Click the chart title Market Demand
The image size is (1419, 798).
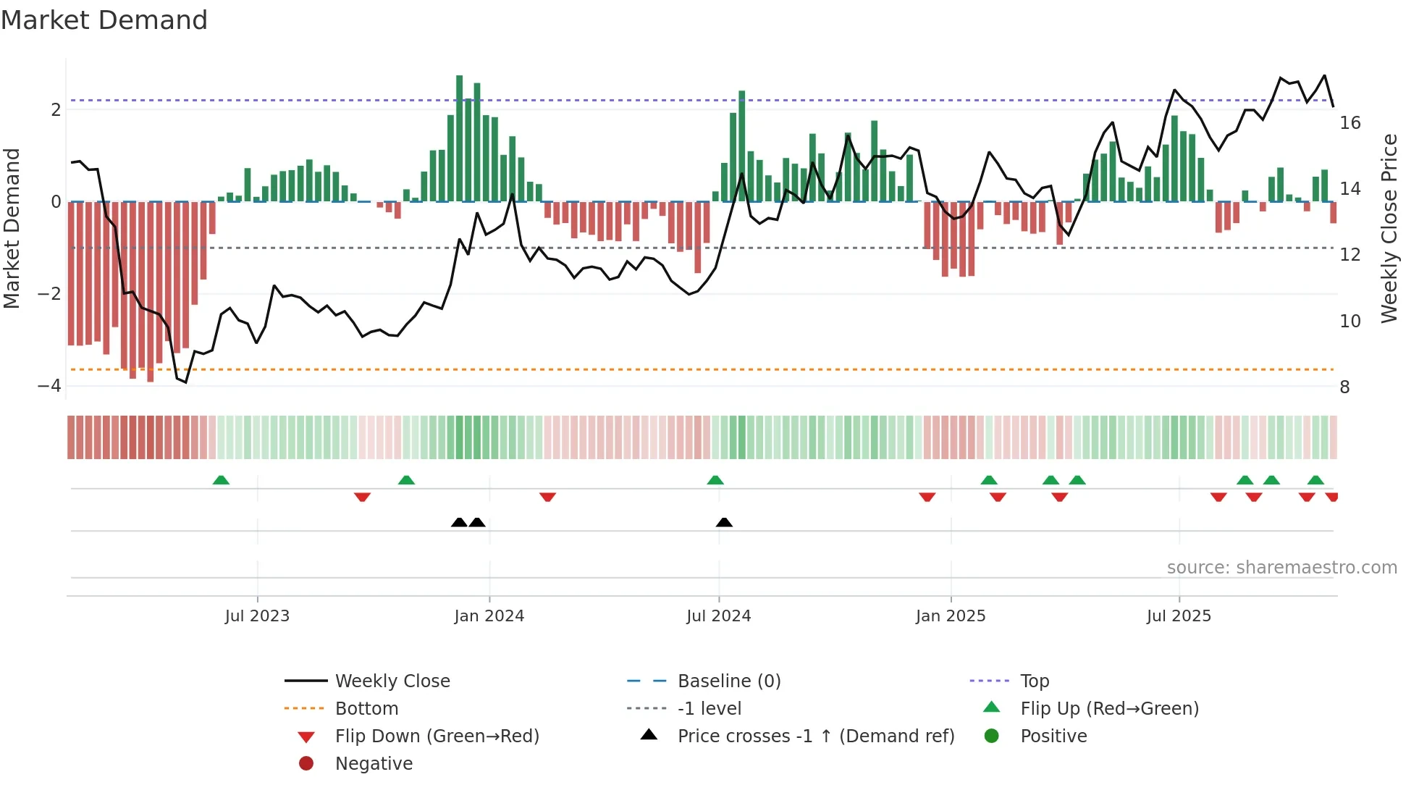pyautogui.click(x=104, y=20)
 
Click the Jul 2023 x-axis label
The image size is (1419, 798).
pyautogui.click(x=257, y=616)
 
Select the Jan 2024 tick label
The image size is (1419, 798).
pyautogui.click(x=489, y=616)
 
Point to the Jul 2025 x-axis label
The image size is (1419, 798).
pyautogui.click(x=1179, y=616)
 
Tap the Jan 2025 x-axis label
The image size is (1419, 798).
pyautogui.click(x=951, y=616)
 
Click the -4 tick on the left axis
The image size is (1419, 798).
pyautogui.click(x=49, y=386)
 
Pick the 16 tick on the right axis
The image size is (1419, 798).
pyautogui.click(x=1350, y=123)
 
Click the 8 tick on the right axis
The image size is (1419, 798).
pyautogui.click(x=1344, y=387)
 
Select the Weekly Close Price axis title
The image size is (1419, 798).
pyautogui.click(x=1389, y=228)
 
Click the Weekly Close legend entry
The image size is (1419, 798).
pyautogui.click(x=392, y=681)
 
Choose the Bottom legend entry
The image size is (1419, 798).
pyautogui.click(x=366, y=709)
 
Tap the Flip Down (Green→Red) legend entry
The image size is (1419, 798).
pyautogui.click(x=437, y=736)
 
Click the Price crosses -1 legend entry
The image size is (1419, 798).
pyautogui.click(x=815, y=736)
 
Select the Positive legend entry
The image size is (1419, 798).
pyautogui.click(x=1053, y=736)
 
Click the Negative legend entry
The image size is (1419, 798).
pyautogui.click(x=374, y=764)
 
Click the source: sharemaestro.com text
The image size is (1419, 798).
pyautogui.click(x=1281, y=568)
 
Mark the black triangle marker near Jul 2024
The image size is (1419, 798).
pyautogui.click(x=724, y=522)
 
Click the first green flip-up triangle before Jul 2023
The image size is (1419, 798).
pyautogui.click(x=221, y=480)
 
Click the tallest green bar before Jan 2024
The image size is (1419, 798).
pyautogui.click(x=459, y=138)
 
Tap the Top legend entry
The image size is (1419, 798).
pyautogui.click(x=1035, y=681)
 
